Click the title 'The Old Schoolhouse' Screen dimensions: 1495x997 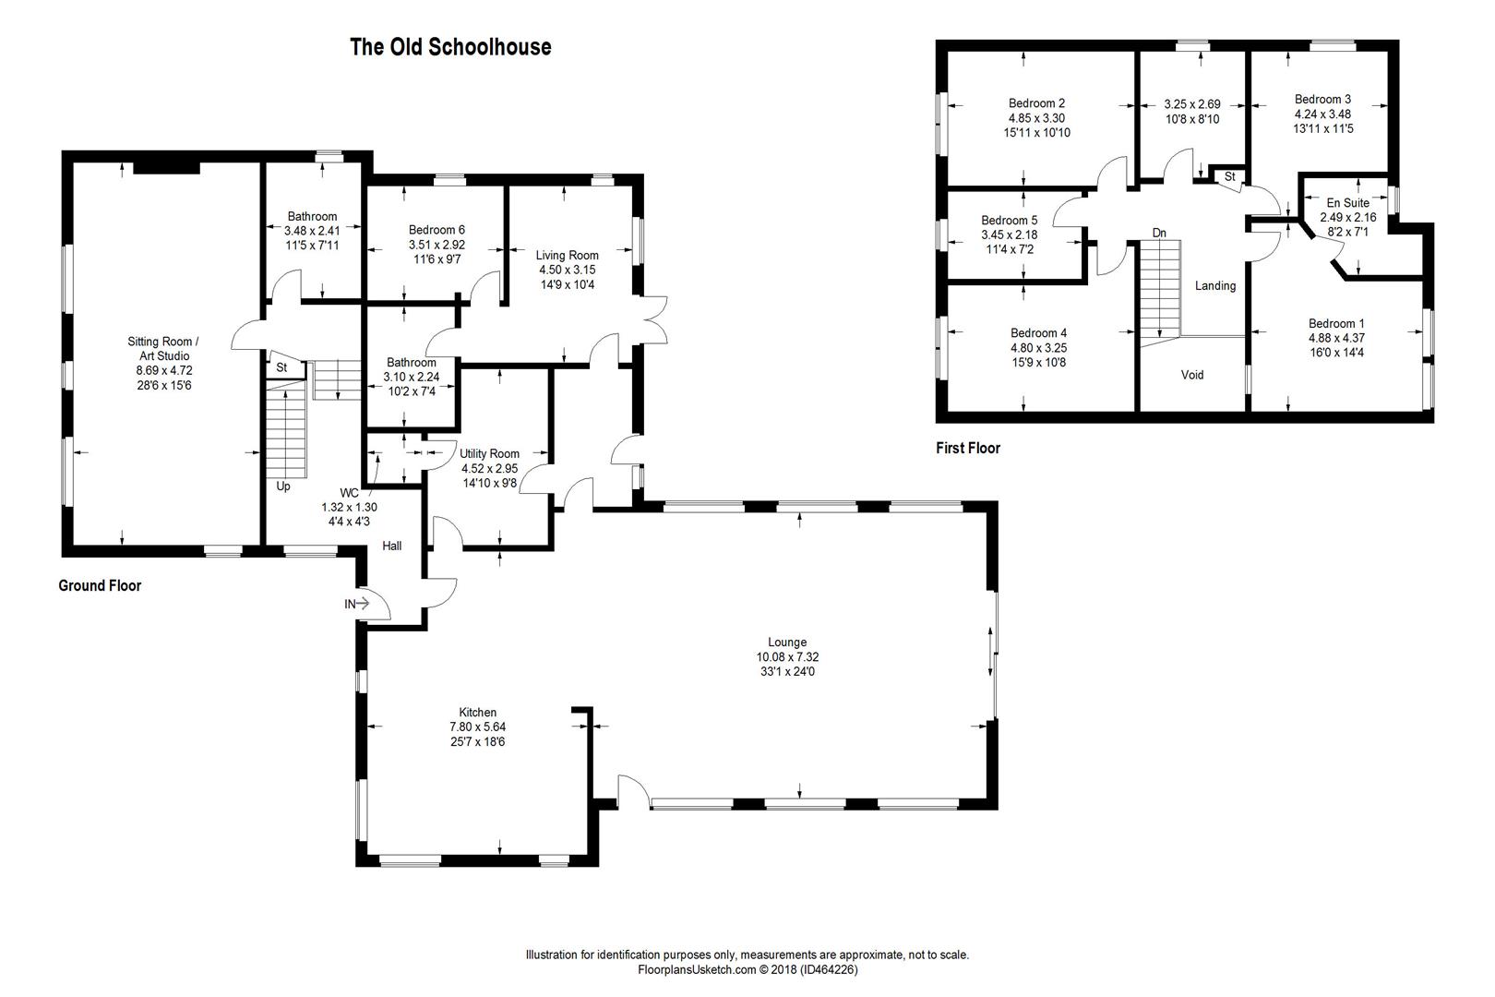tap(450, 47)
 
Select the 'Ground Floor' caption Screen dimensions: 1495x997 tap(100, 585)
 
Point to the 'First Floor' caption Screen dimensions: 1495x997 tap(968, 448)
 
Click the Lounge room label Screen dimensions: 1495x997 tap(787, 643)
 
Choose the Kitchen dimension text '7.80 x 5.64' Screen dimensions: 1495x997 tap(478, 727)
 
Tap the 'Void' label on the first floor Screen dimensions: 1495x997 tap(1192, 375)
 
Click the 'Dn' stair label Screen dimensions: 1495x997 tap(1159, 233)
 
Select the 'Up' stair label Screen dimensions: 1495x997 tap(283, 486)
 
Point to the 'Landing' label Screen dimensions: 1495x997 tap(1215, 286)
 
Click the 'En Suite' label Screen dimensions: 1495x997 tap(1348, 202)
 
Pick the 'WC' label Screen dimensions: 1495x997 tap(349, 493)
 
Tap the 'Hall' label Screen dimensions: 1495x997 tap(392, 546)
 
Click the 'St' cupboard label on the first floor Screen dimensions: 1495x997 tap(1230, 177)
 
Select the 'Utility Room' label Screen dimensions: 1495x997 tap(489, 453)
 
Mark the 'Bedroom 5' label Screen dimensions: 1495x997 tap(1010, 220)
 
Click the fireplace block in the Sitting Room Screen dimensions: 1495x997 tap(167, 167)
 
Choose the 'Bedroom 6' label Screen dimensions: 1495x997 tap(437, 230)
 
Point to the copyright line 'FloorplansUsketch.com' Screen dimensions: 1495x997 tap(697, 969)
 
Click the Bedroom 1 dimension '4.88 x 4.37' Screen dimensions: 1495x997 tap(1337, 338)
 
